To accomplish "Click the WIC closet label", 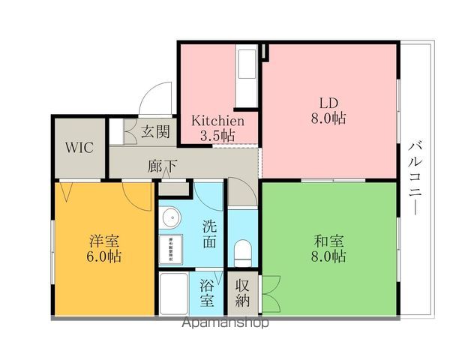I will [x=78, y=146].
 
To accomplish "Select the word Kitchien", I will [x=217, y=121].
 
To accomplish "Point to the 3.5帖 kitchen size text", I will [x=217, y=136].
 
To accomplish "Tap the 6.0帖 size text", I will [x=105, y=256].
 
